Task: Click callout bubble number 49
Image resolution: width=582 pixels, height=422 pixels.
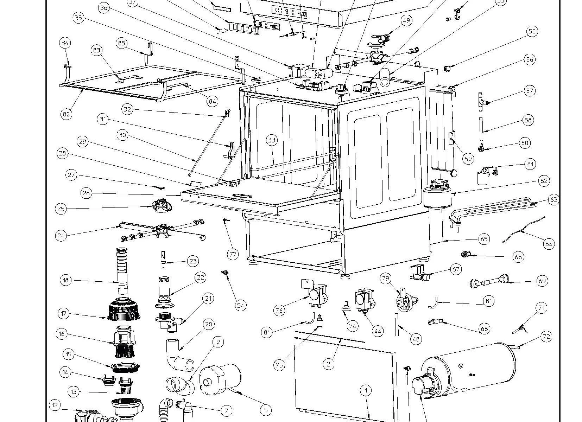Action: [406, 20]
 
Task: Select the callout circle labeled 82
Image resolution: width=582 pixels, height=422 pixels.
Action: [67, 114]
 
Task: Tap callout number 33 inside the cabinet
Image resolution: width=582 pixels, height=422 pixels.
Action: [272, 140]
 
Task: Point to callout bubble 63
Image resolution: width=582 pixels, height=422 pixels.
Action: [553, 200]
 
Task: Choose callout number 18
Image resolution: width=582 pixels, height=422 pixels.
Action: [66, 280]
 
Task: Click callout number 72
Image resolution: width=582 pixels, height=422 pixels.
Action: [546, 337]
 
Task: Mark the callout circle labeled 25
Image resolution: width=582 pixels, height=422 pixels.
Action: [61, 209]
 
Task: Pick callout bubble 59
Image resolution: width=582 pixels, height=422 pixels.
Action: [468, 159]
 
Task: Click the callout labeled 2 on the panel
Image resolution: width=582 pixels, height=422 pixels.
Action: [329, 364]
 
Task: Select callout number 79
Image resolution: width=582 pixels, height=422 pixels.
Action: [386, 279]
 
